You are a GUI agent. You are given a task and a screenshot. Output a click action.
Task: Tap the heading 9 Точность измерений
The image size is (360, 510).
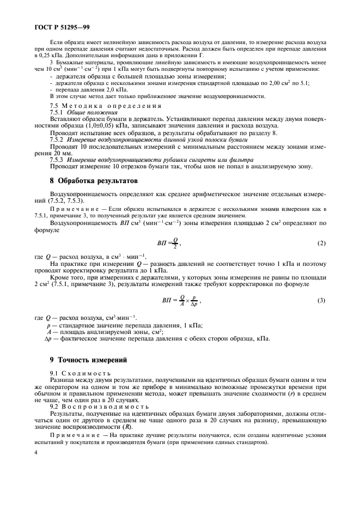tap(88, 360)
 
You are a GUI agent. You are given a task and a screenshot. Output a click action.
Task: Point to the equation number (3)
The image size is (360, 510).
tap(321, 300)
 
